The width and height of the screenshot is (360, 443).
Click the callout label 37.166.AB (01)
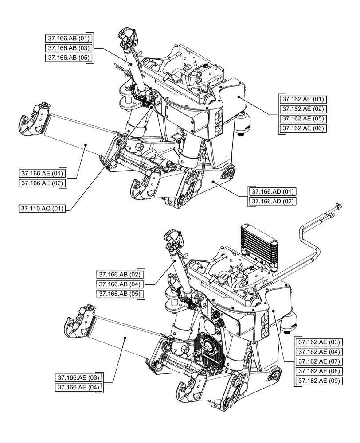click(x=69, y=39)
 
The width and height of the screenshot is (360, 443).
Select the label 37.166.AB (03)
click(x=69, y=48)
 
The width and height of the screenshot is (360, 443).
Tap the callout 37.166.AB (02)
click(x=121, y=274)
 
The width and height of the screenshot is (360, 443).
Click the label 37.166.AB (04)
click(x=121, y=284)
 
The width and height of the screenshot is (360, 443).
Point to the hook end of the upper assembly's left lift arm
click(x=27, y=124)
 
